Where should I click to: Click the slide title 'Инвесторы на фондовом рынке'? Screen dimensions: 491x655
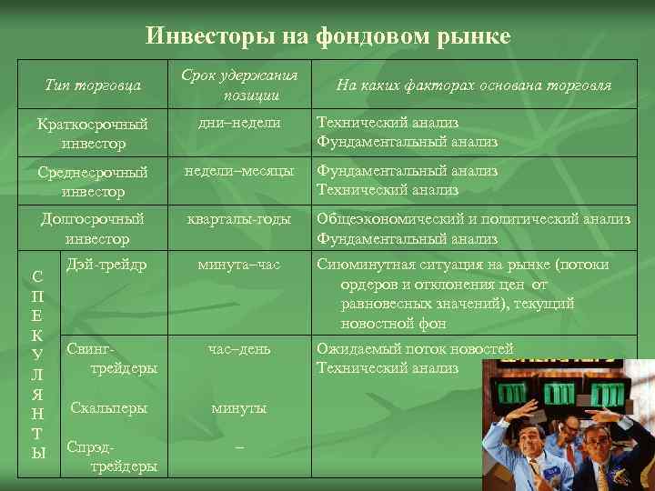tap(327, 36)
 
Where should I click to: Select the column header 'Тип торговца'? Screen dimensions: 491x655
tap(93, 85)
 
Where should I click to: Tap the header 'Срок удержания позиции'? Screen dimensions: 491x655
tap(240, 85)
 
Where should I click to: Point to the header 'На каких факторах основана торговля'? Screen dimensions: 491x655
tap(473, 85)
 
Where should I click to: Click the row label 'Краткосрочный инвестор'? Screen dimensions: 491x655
tap(93, 133)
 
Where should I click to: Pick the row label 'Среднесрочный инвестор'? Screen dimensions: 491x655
tap(93, 181)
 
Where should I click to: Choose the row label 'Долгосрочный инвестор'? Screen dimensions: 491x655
tap(93, 228)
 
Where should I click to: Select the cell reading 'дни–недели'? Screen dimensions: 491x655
tap(240, 123)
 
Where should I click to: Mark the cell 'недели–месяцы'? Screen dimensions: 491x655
tap(240, 171)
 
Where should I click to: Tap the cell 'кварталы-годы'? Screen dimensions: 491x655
tap(240, 219)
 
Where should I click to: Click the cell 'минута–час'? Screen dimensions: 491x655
tap(240, 265)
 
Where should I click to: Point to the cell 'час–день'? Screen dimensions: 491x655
tap(240, 349)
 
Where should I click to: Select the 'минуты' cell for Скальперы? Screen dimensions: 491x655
tap(240, 408)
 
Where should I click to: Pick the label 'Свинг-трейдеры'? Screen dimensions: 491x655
tap(111, 358)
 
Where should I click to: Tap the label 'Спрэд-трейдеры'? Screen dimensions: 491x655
tap(111, 456)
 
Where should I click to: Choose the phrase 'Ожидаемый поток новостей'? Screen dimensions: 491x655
tap(415, 349)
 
